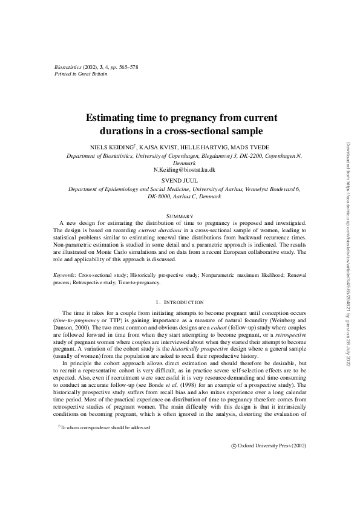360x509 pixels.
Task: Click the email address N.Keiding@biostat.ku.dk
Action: [x=180, y=170]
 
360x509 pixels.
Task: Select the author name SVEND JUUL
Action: [x=180, y=181]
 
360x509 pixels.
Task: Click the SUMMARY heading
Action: [x=180, y=216]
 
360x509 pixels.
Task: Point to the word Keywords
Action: [x=64, y=274]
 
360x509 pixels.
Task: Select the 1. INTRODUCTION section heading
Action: [x=180, y=301]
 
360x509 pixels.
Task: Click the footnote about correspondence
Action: [x=105, y=427]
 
